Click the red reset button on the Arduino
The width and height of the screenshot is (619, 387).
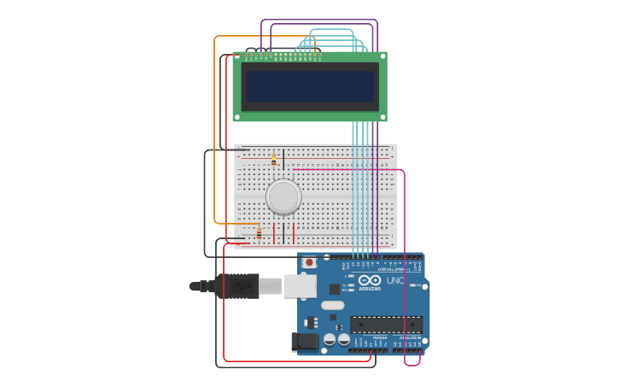click(309, 262)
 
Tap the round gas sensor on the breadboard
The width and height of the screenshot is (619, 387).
click(283, 196)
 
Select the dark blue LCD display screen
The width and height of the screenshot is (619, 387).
click(310, 85)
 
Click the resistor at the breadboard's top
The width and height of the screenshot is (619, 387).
click(274, 160)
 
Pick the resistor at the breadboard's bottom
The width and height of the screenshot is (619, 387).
click(259, 232)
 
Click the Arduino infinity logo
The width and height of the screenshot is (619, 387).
click(370, 280)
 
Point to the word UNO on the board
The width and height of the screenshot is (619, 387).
click(395, 280)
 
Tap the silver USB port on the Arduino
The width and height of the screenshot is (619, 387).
click(300, 285)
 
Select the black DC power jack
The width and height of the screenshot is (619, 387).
click(305, 342)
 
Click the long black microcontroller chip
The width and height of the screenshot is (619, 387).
click(386, 325)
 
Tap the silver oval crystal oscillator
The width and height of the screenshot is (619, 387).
click(332, 305)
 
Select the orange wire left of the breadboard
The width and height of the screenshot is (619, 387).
click(214, 128)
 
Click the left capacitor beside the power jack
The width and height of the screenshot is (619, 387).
click(330, 339)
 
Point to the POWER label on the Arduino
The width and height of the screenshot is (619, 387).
click(380, 337)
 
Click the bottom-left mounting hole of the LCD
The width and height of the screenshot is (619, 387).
click(237, 117)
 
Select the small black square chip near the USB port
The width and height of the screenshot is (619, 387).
click(334, 289)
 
